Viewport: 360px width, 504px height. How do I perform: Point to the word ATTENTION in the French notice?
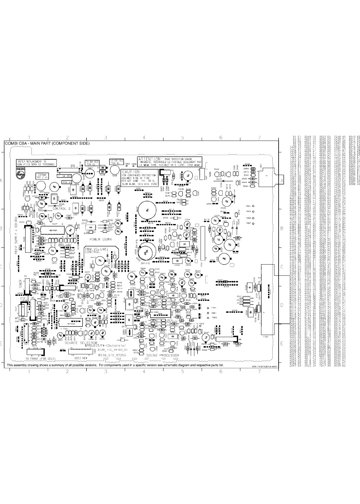tap(149, 159)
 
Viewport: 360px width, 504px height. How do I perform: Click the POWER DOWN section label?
tap(100, 239)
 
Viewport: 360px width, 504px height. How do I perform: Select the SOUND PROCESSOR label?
tap(162, 355)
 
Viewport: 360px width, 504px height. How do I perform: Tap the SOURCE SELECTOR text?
tap(81, 343)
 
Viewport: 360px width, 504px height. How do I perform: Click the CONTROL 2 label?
tap(61, 209)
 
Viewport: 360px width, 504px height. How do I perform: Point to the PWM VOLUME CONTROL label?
tap(95, 250)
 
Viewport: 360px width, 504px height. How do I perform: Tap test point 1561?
tap(208, 313)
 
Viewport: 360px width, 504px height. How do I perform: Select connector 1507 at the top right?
tap(267, 175)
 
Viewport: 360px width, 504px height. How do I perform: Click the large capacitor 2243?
tap(147, 210)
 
